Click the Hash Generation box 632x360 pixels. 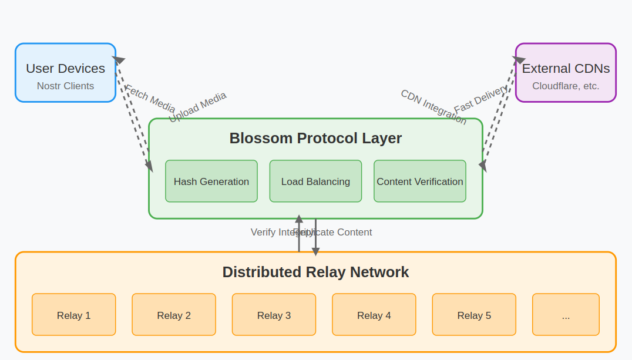(211, 181)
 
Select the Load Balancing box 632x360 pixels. (315, 181)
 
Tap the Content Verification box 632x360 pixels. (420, 181)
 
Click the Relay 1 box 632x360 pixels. (74, 315)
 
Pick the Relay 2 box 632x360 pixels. (174, 315)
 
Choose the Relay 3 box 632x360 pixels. (274, 315)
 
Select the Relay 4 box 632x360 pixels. (374, 315)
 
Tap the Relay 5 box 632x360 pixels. (474, 315)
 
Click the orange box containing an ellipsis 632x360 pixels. (566, 315)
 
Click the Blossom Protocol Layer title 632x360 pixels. (315, 139)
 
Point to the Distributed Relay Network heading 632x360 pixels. (315, 272)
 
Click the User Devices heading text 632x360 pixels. (65, 68)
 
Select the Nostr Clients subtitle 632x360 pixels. (65, 86)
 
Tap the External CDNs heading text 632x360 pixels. (566, 68)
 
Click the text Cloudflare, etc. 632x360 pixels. (566, 86)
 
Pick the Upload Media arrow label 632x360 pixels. (197, 107)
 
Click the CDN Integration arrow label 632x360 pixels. (433, 107)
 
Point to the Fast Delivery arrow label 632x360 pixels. (480, 99)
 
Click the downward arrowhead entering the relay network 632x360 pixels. (315, 251)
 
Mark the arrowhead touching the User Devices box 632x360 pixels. (119, 59)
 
